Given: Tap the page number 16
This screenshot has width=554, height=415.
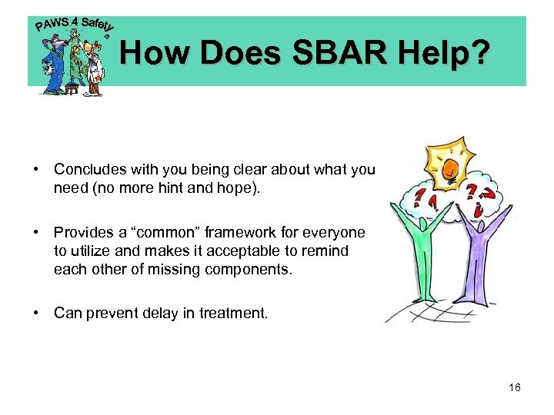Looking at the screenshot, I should click(515, 387).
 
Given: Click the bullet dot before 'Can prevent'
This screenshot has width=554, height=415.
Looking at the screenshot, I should click(37, 313).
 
